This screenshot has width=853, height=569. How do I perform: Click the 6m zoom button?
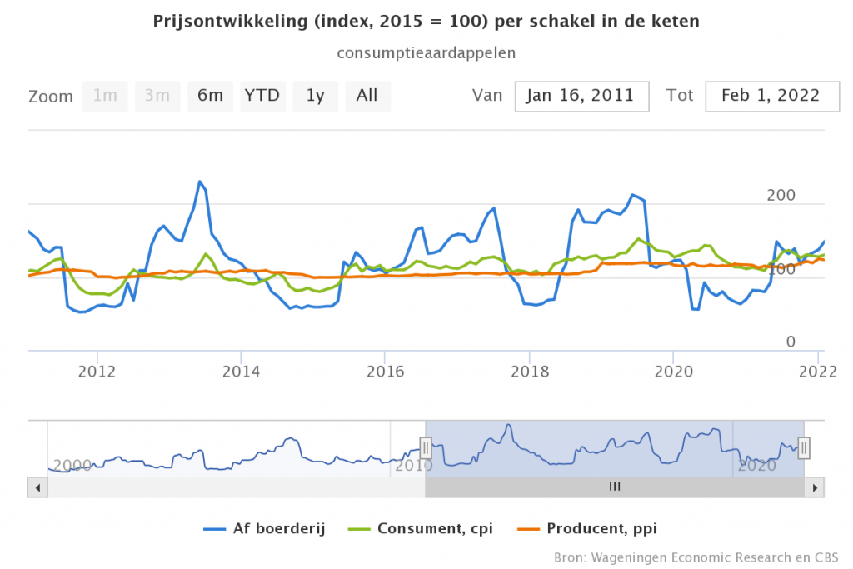pos(210,96)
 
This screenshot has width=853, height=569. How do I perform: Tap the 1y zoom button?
pos(315,96)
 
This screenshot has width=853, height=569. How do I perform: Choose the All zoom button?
pos(367,96)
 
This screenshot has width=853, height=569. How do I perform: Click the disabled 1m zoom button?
pos(105,96)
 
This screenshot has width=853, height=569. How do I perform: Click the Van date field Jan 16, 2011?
pos(581,96)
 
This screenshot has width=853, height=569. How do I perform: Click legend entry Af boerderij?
pos(266,528)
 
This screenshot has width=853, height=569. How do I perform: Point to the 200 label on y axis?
pos(781,196)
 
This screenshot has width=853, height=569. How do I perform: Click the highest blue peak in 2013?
pos(200,182)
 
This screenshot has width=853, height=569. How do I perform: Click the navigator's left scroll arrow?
pos(36,487)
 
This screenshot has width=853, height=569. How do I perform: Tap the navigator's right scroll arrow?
pos(816,487)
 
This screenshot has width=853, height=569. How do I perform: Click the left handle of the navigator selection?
pos(426,448)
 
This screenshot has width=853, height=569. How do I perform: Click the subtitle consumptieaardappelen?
pos(426,52)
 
